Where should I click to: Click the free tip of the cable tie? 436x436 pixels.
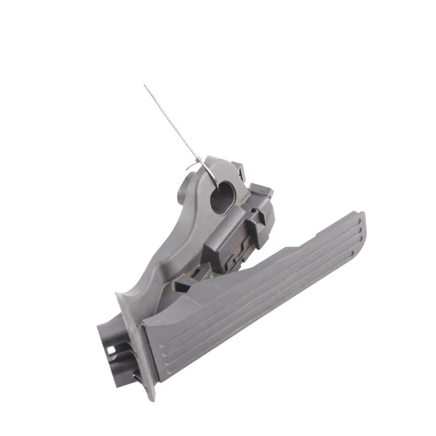click(145, 86)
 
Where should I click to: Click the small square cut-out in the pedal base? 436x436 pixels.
click(110, 350)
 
